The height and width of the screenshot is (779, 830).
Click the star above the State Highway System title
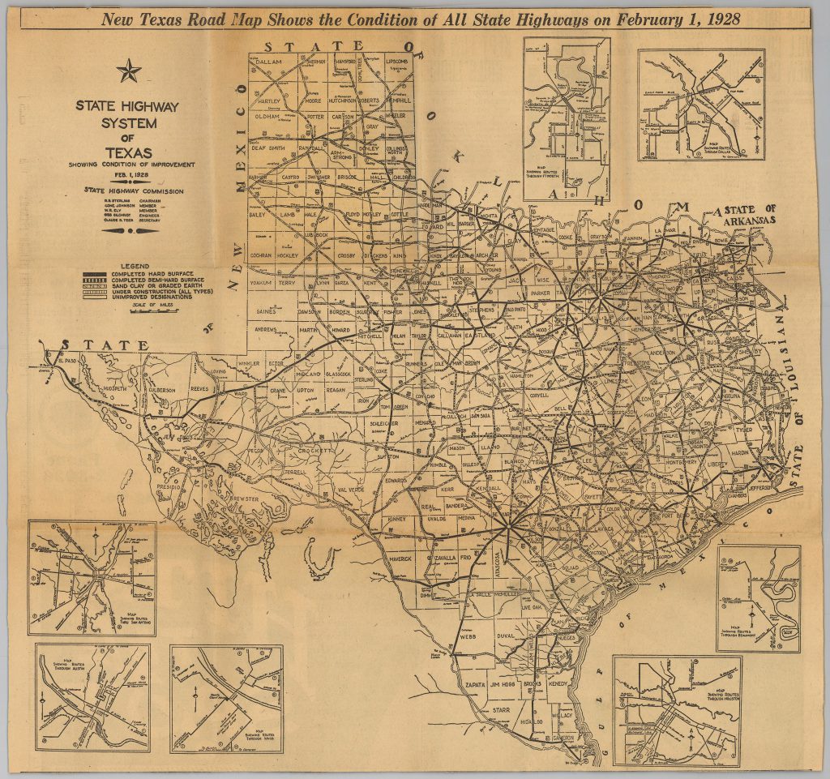pyautogui.click(x=129, y=72)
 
